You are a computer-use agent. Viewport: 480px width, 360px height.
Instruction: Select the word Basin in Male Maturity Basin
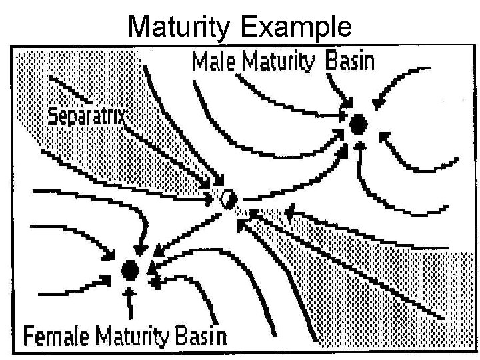350,63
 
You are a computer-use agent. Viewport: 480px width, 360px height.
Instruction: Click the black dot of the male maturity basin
359,123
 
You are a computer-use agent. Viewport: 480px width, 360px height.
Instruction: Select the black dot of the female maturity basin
130,270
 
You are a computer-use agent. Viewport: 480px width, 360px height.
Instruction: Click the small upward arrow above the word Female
131,303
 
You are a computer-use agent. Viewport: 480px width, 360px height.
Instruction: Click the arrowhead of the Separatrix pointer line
214,187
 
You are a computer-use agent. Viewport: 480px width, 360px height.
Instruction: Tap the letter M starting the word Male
198,63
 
